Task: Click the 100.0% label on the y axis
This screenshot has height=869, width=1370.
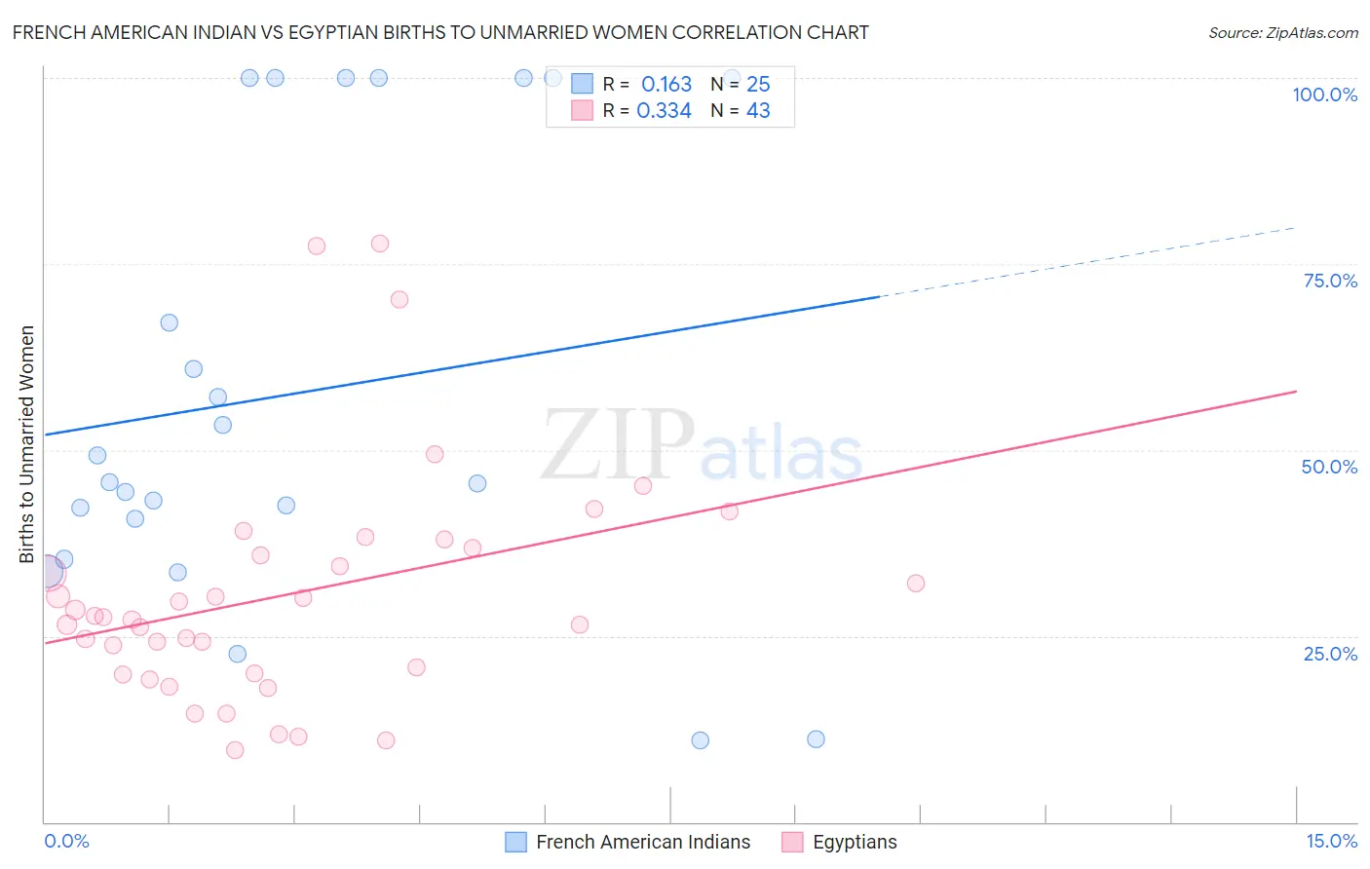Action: (x=1324, y=94)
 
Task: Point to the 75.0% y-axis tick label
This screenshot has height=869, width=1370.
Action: (x=1330, y=281)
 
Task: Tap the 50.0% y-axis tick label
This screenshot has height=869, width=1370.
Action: (x=1329, y=467)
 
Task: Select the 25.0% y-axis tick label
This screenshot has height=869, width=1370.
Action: (x=1330, y=654)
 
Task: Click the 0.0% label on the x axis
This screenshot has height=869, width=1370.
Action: (x=66, y=841)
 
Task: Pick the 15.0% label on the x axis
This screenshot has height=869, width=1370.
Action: (x=1331, y=841)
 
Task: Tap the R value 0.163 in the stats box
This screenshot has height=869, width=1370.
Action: (x=666, y=85)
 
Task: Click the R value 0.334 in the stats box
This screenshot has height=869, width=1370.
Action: (x=664, y=111)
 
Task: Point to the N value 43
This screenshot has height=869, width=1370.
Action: (x=758, y=111)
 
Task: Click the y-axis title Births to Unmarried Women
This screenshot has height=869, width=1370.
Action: (x=27, y=444)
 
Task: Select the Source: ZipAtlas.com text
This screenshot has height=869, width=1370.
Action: (x=1282, y=33)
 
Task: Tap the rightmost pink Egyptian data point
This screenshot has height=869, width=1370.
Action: (x=916, y=584)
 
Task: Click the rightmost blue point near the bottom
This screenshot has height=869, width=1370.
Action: (x=817, y=739)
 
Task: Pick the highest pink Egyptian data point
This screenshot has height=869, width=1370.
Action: (x=380, y=244)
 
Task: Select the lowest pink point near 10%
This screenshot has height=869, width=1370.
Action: (x=235, y=750)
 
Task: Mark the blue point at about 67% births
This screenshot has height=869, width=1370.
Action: (x=170, y=322)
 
